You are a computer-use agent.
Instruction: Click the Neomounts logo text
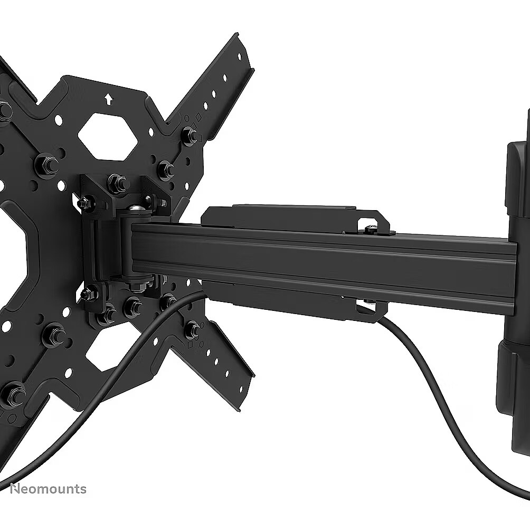[x=49, y=489]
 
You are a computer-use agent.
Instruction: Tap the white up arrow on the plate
[x=108, y=99]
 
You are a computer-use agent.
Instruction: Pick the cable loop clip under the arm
[x=371, y=309]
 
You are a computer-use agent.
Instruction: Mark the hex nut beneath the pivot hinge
[x=139, y=283]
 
